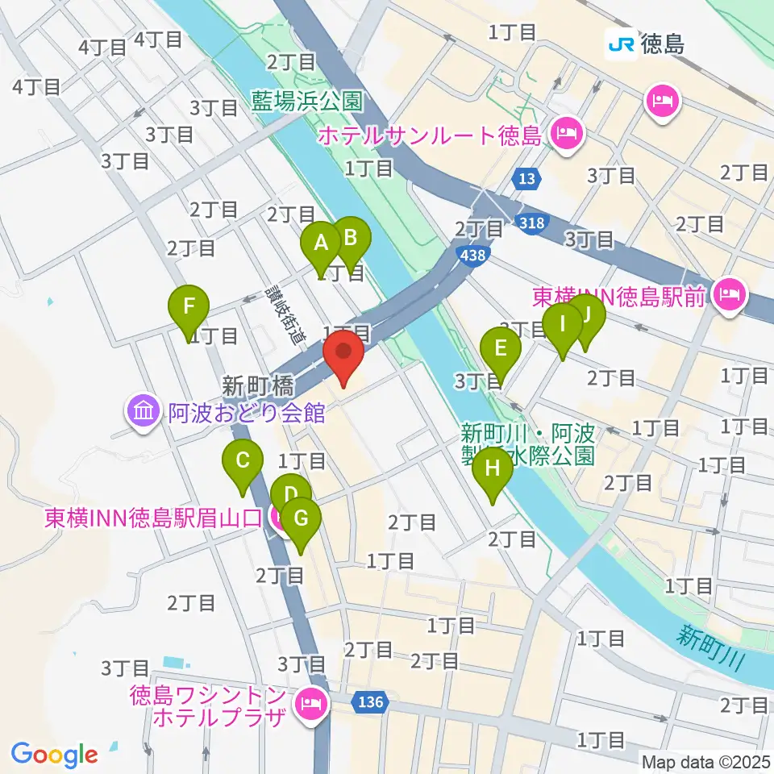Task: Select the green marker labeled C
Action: (x=242, y=463)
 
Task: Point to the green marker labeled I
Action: (x=562, y=326)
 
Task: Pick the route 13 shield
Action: (x=526, y=177)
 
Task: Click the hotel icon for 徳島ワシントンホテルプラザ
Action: (x=309, y=705)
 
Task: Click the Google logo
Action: (x=55, y=755)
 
